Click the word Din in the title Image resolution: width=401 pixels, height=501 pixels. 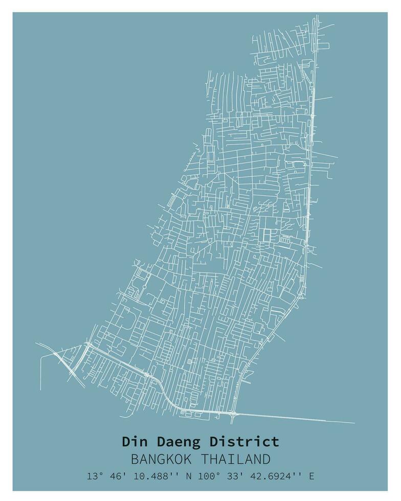tap(132, 441)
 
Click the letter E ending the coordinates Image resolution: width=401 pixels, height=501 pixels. tap(311, 476)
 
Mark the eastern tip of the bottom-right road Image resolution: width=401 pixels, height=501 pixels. tap(354, 423)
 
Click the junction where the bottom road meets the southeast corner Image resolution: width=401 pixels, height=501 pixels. tap(234, 413)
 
